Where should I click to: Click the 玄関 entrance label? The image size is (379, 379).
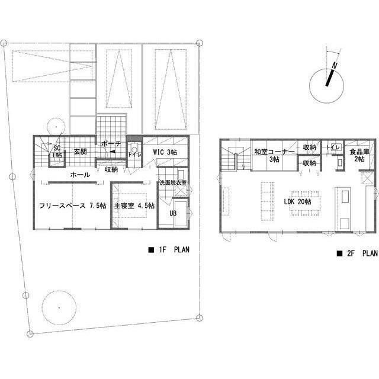click(x=81, y=152)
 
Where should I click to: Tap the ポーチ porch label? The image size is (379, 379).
click(x=111, y=144)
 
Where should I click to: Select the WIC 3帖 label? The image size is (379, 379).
click(x=165, y=152)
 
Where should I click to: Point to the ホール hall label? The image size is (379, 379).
click(x=81, y=175)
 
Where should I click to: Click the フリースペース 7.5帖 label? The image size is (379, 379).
click(x=73, y=205)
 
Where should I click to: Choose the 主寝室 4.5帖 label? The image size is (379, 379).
click(x=134, y=205)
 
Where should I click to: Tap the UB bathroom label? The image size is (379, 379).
click(x=173, y=213)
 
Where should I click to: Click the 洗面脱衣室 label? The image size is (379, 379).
click(x=173, y=182)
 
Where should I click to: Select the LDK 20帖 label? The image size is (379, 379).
click(x=297, y=201)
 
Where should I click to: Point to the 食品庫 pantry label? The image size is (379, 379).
click(x=359, y=152)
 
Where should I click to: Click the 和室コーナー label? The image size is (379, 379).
click(x=275, y=152)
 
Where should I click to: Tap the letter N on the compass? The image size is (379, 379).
click(x=335, y=65)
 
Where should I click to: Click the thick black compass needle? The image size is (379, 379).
click(x=330, y=78)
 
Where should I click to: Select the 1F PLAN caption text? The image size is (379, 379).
click(x=174, y=249)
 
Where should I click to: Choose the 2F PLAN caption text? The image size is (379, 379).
click(x=362, y=253)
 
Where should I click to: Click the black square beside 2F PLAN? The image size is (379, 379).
click(x=339, y=253)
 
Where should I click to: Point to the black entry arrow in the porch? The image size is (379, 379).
click(x=113, y=152)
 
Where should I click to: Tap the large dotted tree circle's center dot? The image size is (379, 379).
click(x=59, y=308)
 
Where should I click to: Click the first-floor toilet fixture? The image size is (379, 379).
click(x=134, y=147)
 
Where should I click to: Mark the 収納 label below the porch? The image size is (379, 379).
click(x=111, y=169)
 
